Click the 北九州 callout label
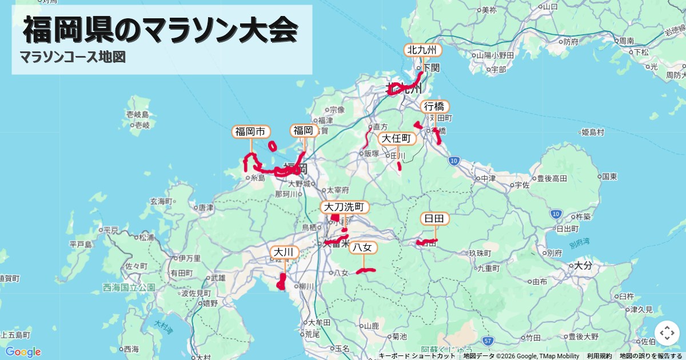coord(423,50)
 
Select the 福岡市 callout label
coord(251,132)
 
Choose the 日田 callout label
coord(435,219)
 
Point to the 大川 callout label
coord(284,252)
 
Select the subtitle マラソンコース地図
coord(73,57)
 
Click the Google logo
coord(23,351)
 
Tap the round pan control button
coord(667,333)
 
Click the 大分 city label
coord(583,266)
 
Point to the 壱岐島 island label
coord(138,115)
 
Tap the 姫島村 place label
coord(592,133)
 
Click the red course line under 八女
coord(365,271)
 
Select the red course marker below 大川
coord(281,282)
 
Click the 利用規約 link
coord(599,356)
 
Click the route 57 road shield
coord(487,341)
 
